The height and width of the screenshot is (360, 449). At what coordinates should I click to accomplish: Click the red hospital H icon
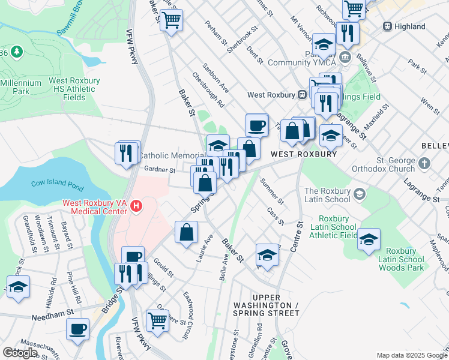tap(136, 206)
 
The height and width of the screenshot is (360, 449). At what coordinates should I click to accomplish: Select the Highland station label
tap(411, 26)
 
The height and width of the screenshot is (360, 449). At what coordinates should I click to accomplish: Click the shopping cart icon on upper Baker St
tap(172, 21)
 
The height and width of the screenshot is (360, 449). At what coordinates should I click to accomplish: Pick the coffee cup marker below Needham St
tap(78, 329)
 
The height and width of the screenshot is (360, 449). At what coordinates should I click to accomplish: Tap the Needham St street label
tap(52, 313)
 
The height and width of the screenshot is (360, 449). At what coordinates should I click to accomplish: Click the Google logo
tap(20, 353)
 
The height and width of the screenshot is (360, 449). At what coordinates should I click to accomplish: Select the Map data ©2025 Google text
tap(412, 355)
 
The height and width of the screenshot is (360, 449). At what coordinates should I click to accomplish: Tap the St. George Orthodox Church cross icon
tap(425, 163)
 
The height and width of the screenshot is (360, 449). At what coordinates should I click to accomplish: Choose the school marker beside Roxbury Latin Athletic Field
tap(369, 239)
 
